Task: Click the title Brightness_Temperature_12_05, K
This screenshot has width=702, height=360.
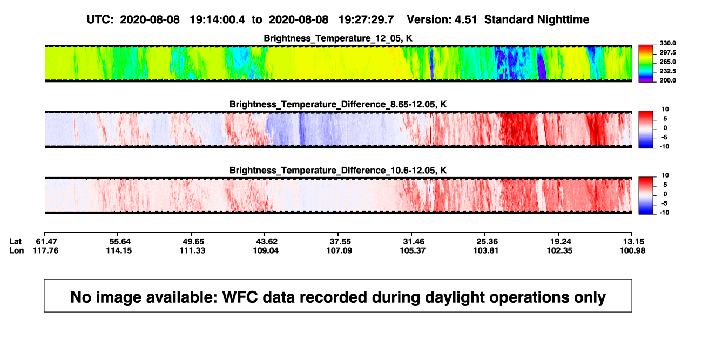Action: coord(338,38)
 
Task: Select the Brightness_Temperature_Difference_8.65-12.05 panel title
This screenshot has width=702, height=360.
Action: coord(338,104)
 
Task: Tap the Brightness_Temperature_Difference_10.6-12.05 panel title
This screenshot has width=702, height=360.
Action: coord(338,171)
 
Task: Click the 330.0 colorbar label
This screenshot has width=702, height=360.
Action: coord(667,43)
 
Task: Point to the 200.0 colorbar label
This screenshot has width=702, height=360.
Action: coord(667,80)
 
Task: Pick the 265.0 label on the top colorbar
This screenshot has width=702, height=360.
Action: coord(667,62)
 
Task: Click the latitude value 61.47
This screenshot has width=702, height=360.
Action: coord(46,242)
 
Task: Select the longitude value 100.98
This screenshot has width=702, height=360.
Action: coord(632,250)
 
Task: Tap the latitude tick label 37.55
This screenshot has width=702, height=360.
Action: coord(340,242)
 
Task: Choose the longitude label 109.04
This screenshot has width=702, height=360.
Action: coord(266,250)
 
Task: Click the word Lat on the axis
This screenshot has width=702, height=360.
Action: coord(15,242)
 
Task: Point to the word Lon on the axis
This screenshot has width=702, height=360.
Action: coord(17,250)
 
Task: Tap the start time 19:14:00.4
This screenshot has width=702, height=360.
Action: coord(218,19)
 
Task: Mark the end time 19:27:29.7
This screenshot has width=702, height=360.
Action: coord(366,19)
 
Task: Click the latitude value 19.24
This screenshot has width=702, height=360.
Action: coord(561,242)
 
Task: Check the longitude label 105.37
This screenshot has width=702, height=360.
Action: coord(413,250)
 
